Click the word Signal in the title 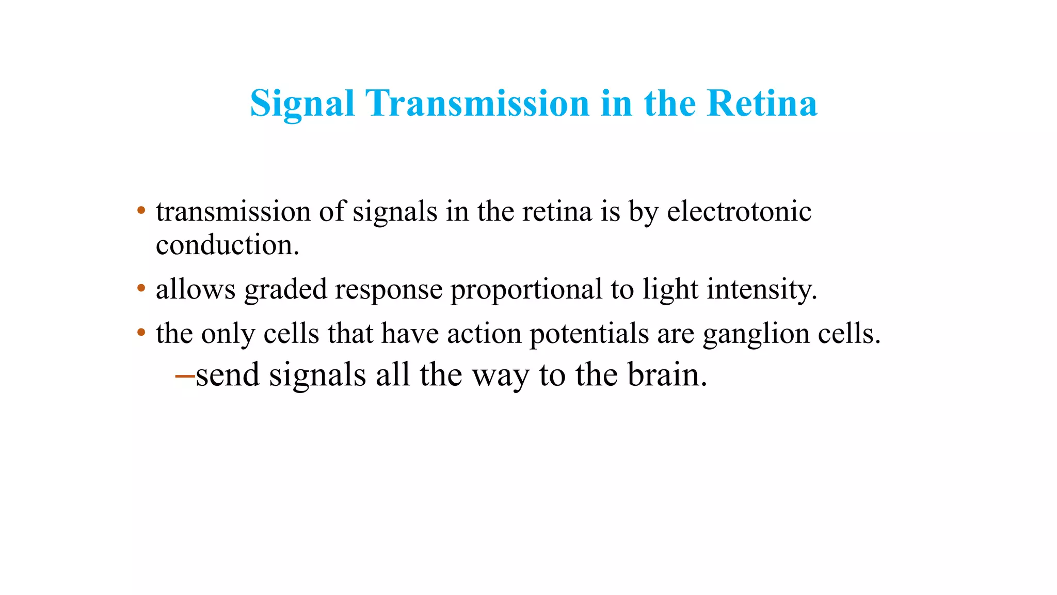(x=302, y=103)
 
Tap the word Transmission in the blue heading (x=477, y=103)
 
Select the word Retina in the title (x=762, y=103)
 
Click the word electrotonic (x=739, y=212)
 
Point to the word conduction (x=227, y=245)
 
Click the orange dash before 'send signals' (x=185, y=375)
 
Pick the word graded (x=285, y=289)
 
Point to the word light (x=670, y=289)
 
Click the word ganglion (x=756, y=334)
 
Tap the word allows (x=196, y=289)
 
